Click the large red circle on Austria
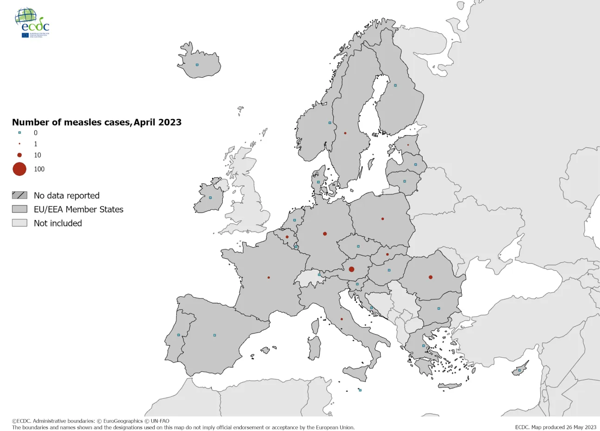pos(351,269)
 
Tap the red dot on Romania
pos(431,277)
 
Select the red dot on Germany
pos(325,234)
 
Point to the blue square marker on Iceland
pos(197,65)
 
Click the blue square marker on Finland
pos(395,85)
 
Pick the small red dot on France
pos(269,277)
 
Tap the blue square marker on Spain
pos(214,335)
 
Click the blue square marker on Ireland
pos(210,198)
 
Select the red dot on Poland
pos(382,219)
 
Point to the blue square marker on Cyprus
pos(519,370)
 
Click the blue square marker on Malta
pos(360,390)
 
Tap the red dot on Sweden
pos(345,133)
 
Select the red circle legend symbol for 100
pos(19,169)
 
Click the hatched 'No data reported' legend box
pos(19,195)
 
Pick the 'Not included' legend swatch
pos(19,223)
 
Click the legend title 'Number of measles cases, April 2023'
pos(97,122)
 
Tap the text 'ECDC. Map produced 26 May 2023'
pos(555,427)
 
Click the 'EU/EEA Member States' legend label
pos(78,209)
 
